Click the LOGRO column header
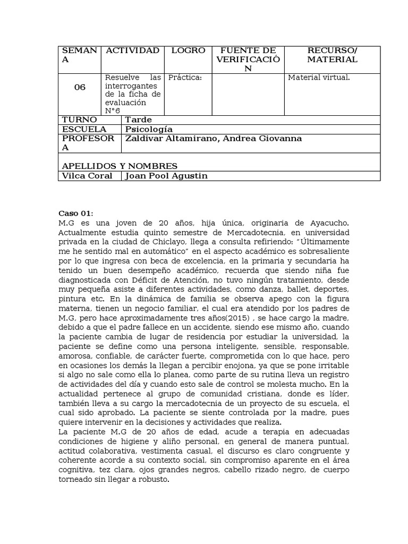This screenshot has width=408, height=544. pyautogui.click(x=188, y=50)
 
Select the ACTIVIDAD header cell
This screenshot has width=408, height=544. pyautogui.click(x=132, y=50)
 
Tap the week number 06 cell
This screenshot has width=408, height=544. pyautogui.click(x=80, y=88)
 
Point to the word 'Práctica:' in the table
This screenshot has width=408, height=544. pyautogui.click(x=185, y=78)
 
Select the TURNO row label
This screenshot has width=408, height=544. pyautogui.click(x=80, y=120)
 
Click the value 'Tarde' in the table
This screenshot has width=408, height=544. pyautogui.click(x=138, y=120)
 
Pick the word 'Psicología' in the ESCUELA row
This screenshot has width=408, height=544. pyautogui.click(x=149, y=129)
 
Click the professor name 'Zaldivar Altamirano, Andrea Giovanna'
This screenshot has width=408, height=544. pyautogui.click(x=213, y=139)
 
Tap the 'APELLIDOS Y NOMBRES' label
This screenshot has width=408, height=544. pyautogui.click(x=120, y=166)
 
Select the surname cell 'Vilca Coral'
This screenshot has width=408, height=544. pyautogui.click(x=87, y=176)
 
